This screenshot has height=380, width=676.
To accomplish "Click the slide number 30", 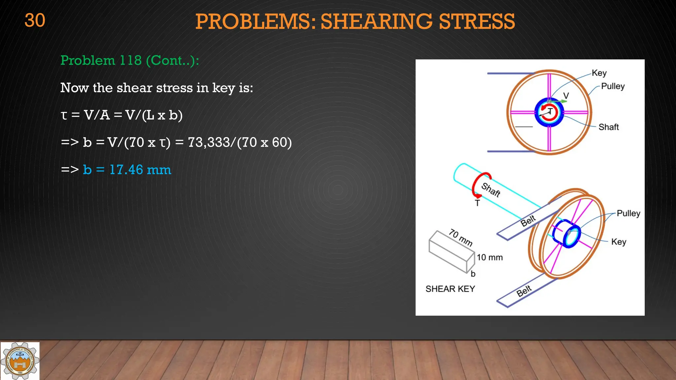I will (x=35, y=20).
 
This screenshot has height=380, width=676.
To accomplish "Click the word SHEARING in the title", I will (x=376, y=22).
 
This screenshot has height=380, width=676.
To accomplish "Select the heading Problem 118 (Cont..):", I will (x=130, y=60).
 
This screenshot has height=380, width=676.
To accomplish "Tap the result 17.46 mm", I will (x=140, y=170).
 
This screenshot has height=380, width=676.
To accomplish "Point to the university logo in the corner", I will (x=20, y=361).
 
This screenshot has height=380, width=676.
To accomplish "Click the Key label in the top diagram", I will (x=599, y=73).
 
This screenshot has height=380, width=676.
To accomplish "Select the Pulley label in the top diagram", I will (x=613, y=86).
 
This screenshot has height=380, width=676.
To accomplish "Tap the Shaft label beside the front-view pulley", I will (x=608, y=127).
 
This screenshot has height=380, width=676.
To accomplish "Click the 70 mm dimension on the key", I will (x=460, y=237).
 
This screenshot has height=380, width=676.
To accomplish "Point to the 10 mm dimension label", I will (x=490, y=257).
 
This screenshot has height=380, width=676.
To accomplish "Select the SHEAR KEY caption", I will (x=450, y=289).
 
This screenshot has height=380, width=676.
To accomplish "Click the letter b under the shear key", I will (x=473, y=274).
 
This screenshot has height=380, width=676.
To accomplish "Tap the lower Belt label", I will (x=524, y=291).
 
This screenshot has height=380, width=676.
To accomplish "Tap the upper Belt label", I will (x=528, y=221).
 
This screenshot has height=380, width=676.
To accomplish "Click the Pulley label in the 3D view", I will (x=628, y=213).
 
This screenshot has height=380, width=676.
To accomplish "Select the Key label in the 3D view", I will (x=618, y=242).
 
